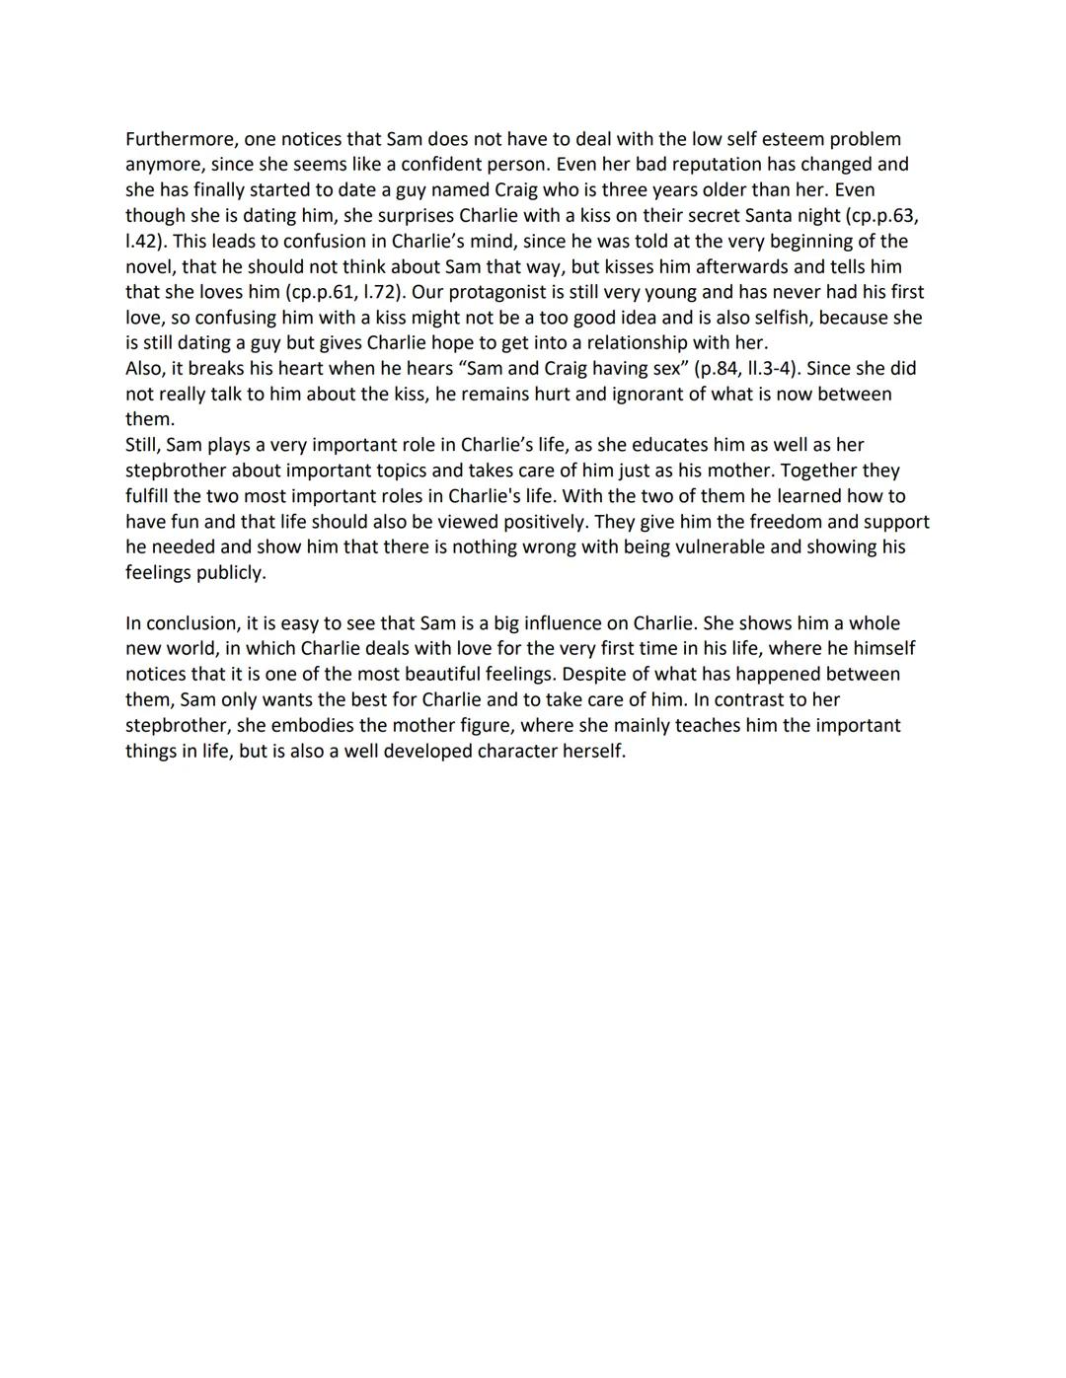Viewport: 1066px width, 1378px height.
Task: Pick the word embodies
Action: [330, 725]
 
